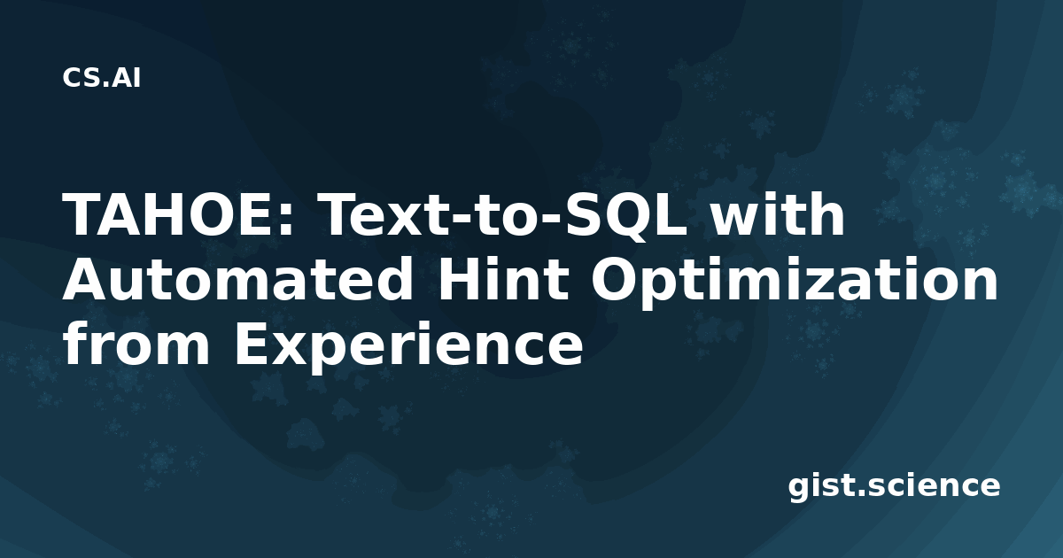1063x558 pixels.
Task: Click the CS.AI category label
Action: (x=101, y=78)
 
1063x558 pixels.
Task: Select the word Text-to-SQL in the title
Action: (x=504, y=215)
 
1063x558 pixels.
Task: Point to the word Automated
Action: (x=237, y=280)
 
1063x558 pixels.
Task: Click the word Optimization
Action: (x=794, y=283)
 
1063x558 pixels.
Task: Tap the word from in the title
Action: (x=136, y=344)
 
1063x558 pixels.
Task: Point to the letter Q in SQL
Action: (x=627, y=217)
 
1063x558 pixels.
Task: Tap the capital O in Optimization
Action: (x=616, y=280)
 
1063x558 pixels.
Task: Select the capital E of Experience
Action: (x=253, y=345)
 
